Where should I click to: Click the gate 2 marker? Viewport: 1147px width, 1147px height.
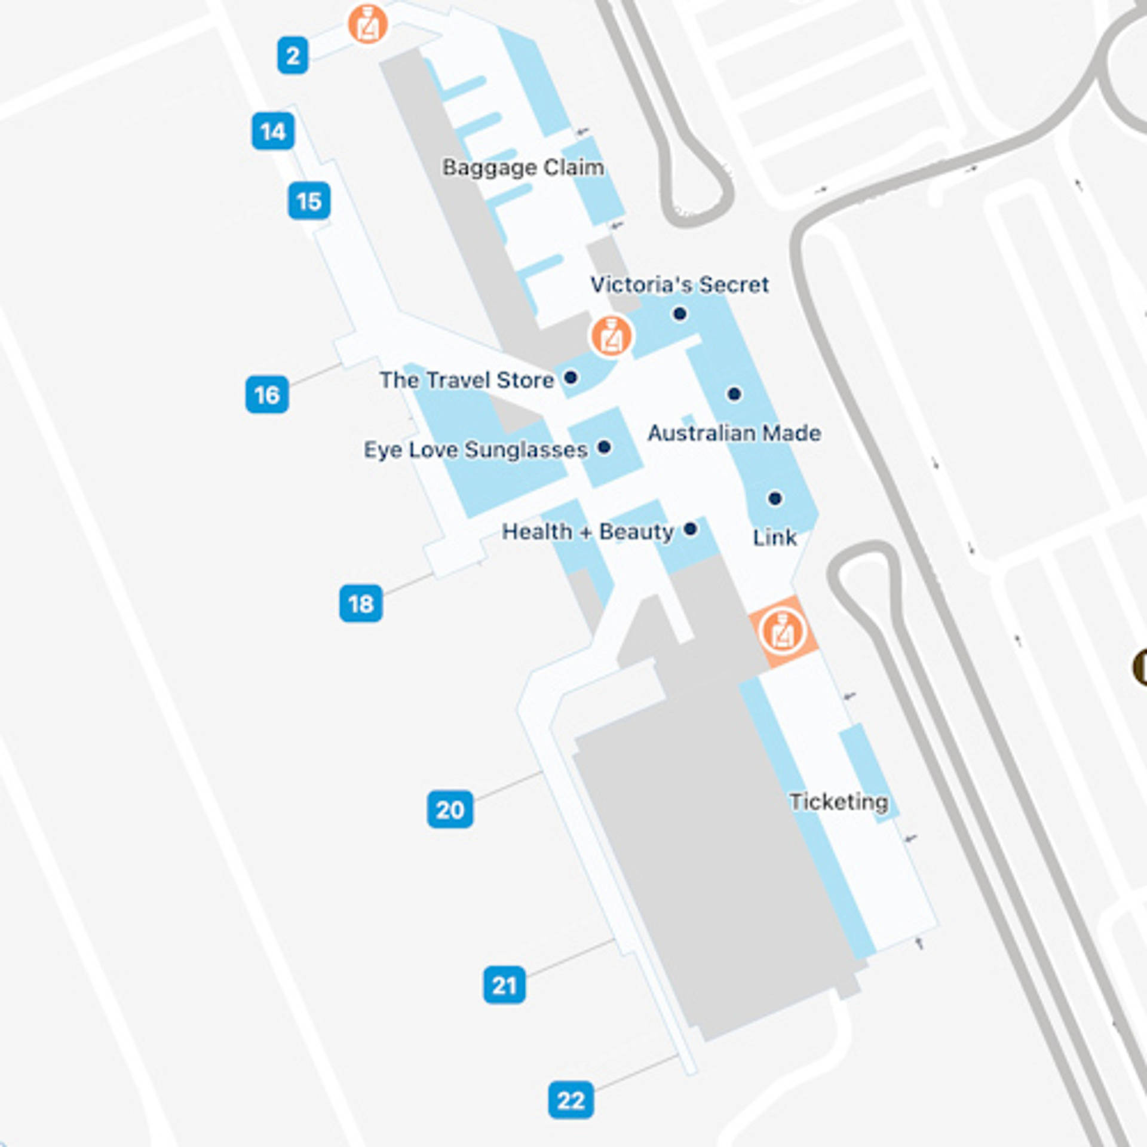tap(293, 56)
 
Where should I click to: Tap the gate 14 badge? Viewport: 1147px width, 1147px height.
tap(273, 131)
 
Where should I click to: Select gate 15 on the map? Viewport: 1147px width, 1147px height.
tap(309, 201)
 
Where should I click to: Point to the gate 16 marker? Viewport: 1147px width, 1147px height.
tap(267, 394)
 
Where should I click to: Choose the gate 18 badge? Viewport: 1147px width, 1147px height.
tap(361, 603)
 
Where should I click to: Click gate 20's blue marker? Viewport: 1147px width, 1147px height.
tap(450, 809)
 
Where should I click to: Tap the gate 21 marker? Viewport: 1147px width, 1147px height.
tap(504, 985)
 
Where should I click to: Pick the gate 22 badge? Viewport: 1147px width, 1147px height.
tap(571, 1100)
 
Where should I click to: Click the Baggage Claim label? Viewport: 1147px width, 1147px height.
tap(523, 167)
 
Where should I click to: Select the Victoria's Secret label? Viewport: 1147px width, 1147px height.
tap(679, 284)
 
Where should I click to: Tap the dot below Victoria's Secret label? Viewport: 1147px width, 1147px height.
tap(679, 314)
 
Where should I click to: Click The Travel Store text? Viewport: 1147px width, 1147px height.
tap(467, 380)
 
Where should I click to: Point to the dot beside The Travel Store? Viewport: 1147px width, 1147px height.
tap(571, 378)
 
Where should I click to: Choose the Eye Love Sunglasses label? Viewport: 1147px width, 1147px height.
tap(476, 450)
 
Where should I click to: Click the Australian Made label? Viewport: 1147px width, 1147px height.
tap(734, 433)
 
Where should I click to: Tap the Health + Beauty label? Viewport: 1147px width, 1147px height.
tap(588, 531)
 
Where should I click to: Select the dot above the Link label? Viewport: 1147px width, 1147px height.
tap(775, 498)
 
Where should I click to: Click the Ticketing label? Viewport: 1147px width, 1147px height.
tap(839, 802)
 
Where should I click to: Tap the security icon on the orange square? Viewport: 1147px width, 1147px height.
tap(783, 631)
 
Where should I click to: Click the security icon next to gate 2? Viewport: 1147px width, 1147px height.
tap(368, 24)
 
